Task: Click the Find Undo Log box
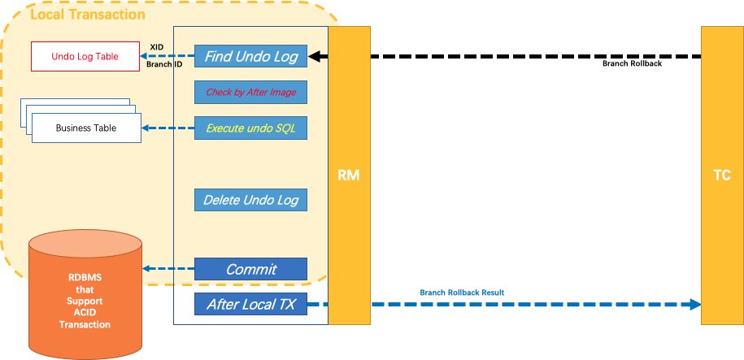coord(250,56)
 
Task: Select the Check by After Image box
coord(250,93)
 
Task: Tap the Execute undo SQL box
coord(250,128)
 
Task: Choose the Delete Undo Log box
coord(250,200)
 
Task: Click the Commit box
coord(250,269)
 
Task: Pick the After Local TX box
coord(250,305)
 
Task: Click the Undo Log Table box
coord(85,57)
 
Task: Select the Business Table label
coord(86,128)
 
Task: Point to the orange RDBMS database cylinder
coord(85,293)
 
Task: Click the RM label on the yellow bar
coord(349,175)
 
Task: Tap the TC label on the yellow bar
coord(721,175)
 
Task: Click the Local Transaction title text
coord(88,15)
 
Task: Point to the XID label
coord(158,48)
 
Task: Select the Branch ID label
coord(164,63)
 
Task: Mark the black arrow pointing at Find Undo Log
coord(318,57)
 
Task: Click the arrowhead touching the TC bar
coord(694,305)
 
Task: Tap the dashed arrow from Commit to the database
coord(168,269)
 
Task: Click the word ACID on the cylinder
coord(85,312)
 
